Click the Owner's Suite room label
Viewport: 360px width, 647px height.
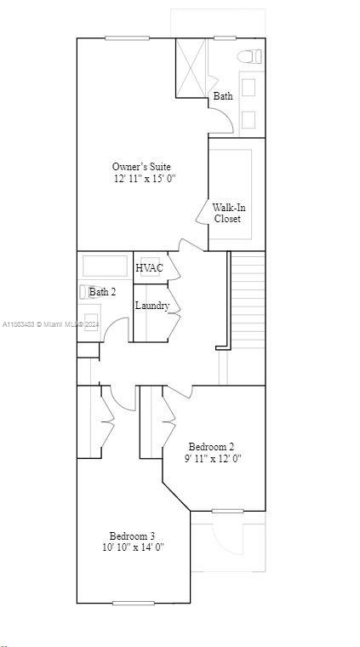141,166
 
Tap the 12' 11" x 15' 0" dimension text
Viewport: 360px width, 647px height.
144,179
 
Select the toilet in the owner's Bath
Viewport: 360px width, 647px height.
249,57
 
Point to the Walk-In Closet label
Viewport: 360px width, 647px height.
227,213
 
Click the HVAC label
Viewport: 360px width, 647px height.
149,268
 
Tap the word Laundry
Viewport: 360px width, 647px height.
151,306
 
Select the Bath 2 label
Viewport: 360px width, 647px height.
103,292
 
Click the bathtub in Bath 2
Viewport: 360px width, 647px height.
105,266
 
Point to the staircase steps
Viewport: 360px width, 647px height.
248,298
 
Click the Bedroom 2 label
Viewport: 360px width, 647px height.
211,446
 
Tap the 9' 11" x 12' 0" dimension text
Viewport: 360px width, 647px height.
213,459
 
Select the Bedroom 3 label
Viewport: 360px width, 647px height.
132,535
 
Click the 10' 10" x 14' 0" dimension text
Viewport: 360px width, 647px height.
133,547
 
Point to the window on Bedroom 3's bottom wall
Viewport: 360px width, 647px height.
139,603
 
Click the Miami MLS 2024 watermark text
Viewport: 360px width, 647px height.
51,324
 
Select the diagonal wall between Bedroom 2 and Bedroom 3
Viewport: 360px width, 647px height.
176,499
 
